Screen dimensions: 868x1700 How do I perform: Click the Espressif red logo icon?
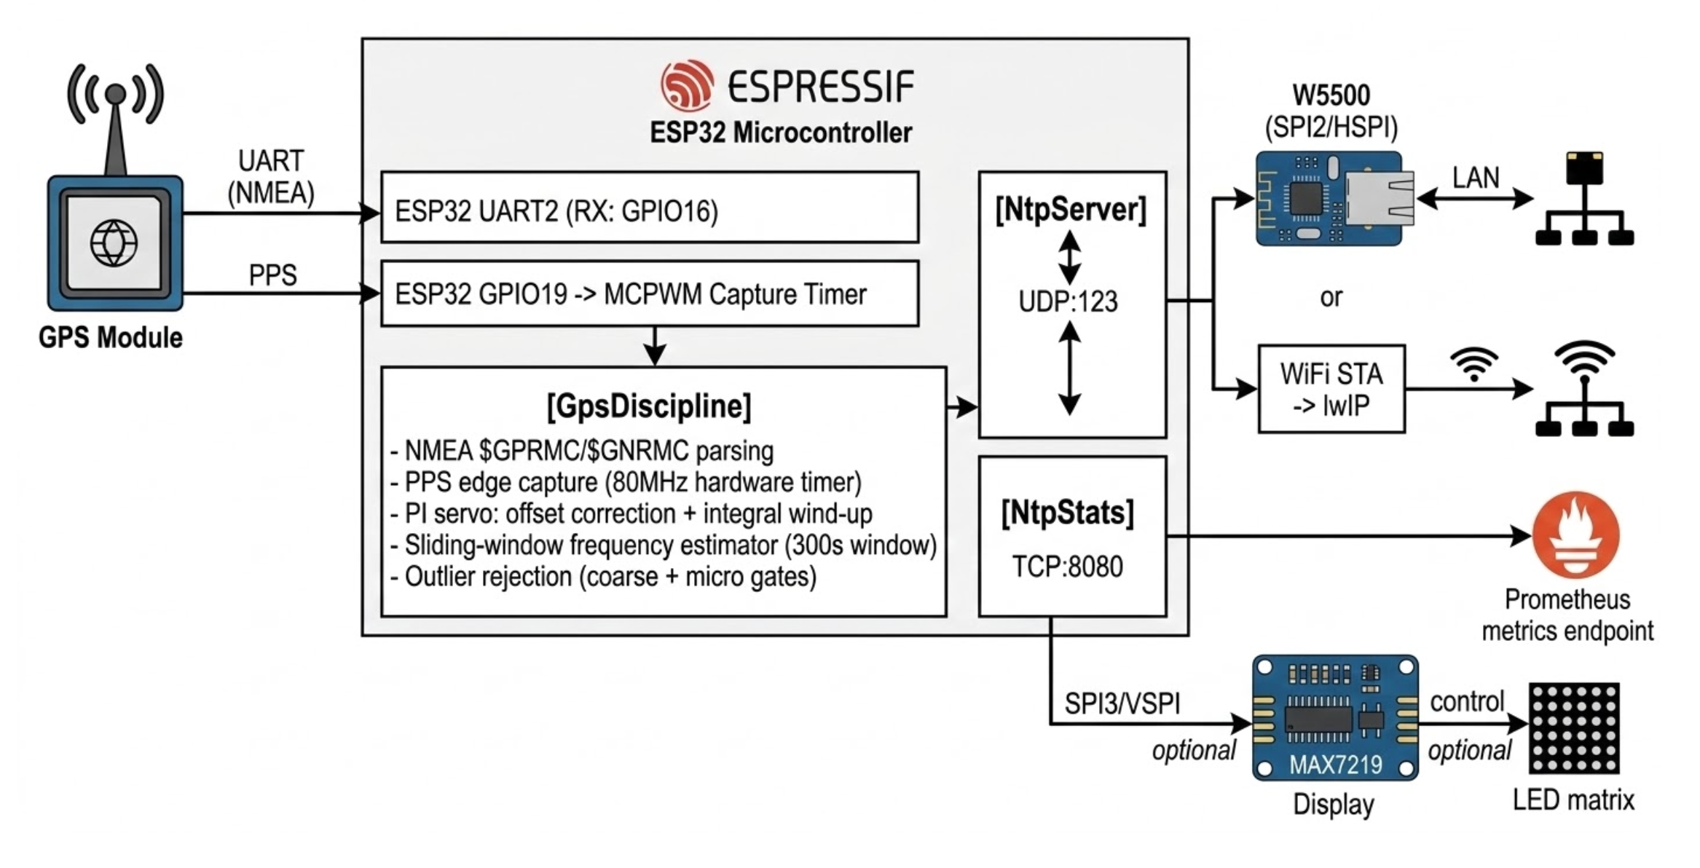click(686, 85)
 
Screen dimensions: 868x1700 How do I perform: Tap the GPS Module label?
click(110, 338)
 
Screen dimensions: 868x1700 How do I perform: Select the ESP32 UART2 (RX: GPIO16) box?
click(649, 208)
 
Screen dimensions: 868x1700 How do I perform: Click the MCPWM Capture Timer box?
click(649, 293)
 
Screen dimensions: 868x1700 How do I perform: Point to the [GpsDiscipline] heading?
click(648, 406)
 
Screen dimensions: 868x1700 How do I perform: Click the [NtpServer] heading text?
click(1071, 210)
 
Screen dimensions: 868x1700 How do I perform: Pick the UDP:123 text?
click(1068, 301)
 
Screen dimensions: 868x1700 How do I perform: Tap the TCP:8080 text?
click(1068, 567)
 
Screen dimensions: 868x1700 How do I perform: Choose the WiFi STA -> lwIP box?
click(1331, 390)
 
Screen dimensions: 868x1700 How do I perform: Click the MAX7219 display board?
click(1334, 718)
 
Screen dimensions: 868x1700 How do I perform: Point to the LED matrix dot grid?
click(1574, 727)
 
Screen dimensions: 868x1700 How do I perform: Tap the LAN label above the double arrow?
click(1476, 178)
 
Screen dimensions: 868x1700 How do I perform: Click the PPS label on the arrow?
click(273, 275)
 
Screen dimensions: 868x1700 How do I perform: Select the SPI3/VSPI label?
click(1122, 703)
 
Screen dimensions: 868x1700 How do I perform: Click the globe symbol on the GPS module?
click(114, 242)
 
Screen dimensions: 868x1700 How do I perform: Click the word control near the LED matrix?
click(1467, 701)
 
